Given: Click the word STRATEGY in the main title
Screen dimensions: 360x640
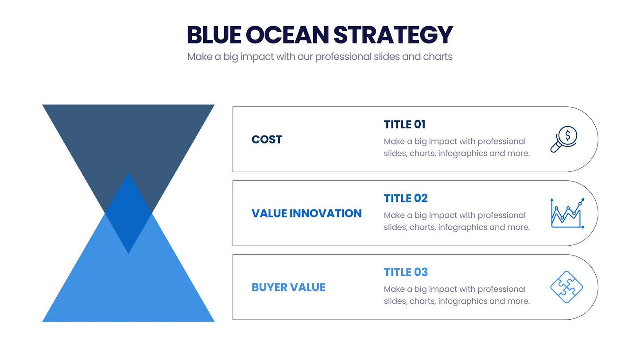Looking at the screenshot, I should (393, 35).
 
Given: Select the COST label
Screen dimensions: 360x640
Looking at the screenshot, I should (267, 139).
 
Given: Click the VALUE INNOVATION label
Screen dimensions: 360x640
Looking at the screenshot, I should (306, 213).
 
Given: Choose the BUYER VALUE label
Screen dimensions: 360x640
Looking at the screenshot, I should (288, 287).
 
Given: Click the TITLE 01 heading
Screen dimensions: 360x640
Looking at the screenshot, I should (404, 124).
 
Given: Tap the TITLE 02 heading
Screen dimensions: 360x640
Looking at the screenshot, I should (406, 198).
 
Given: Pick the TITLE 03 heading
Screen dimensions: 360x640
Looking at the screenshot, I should (406, 272).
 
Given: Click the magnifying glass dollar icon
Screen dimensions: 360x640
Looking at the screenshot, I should (564, 139).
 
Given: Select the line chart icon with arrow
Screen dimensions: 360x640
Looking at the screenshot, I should (567, 213).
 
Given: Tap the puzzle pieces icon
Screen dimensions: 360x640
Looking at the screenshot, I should (566, 287).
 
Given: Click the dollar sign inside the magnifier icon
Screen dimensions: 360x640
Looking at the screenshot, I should (568, 134).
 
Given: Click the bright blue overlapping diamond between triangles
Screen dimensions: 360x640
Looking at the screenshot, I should (128, 215).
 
